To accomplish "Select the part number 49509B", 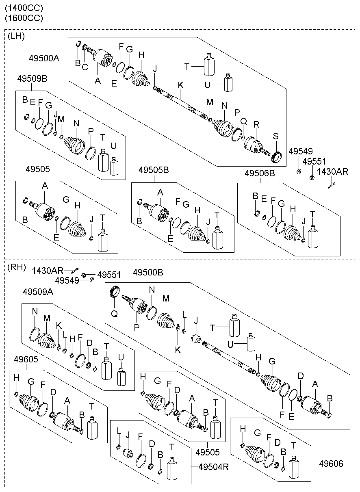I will click(32, 78).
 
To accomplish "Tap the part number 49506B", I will click(260, 173).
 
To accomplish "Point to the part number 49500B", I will click(148, 273).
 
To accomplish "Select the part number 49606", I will click(331, 463).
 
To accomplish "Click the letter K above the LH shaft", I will click(180, 85).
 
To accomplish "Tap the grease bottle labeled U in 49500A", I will click(229, 84).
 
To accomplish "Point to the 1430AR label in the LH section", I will click(333, 172).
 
